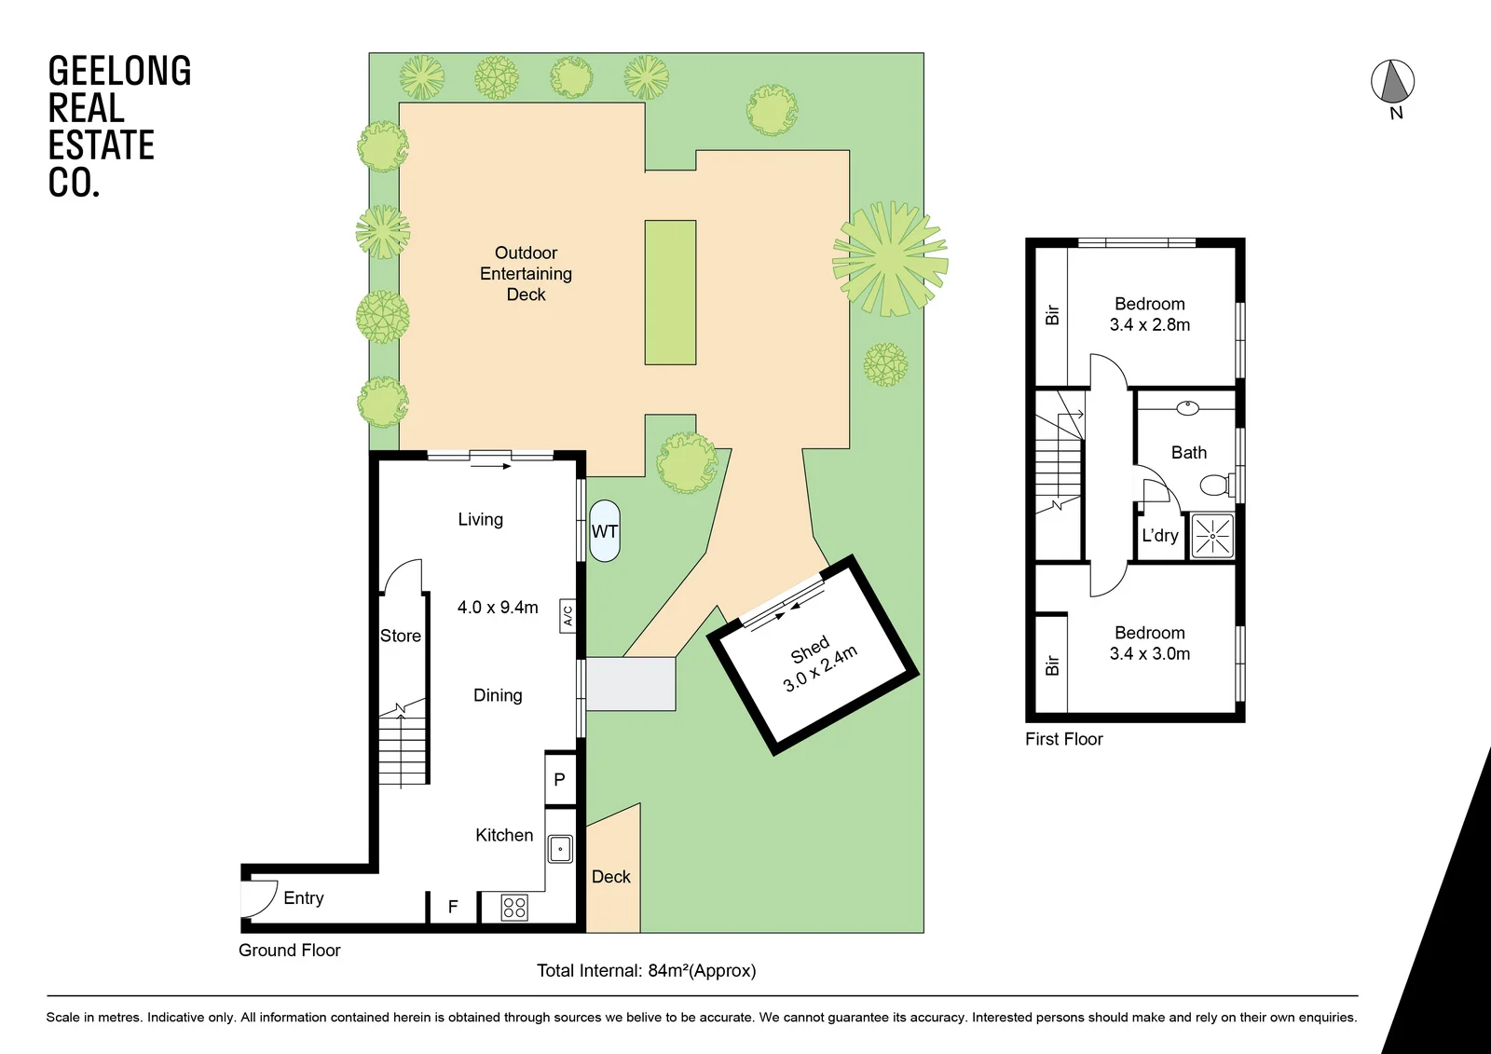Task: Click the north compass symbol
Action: [1392, 83]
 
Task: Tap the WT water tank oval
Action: [605, 530]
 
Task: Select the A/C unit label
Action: [568, 616]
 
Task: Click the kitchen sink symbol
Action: [560, 849]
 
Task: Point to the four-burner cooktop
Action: [513, 908]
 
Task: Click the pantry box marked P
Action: [560, 778]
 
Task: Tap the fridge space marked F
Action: [453, 907]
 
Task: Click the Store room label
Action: [401, 636]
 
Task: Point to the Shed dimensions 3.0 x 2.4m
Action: [820, 669]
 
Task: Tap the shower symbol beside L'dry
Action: [1212, 536]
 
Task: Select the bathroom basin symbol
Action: [1187, 407]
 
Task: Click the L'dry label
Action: [1160, 535]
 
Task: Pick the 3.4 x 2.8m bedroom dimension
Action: [1150, 325]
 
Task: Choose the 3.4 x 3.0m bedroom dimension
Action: [1150, 654]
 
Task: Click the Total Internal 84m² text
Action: [647, 971]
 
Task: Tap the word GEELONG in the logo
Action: [120, 71]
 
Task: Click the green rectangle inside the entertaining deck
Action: [670, 293]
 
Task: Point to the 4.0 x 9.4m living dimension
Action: [498, 608]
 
